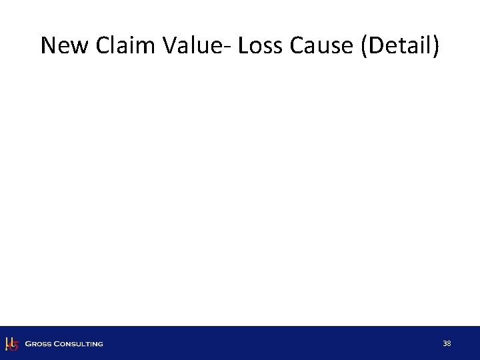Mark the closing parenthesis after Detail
[435, 46]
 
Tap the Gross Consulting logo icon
[11, 343]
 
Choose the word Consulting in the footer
[79, 344]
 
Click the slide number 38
[447, 343]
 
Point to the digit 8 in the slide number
[449, 343]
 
